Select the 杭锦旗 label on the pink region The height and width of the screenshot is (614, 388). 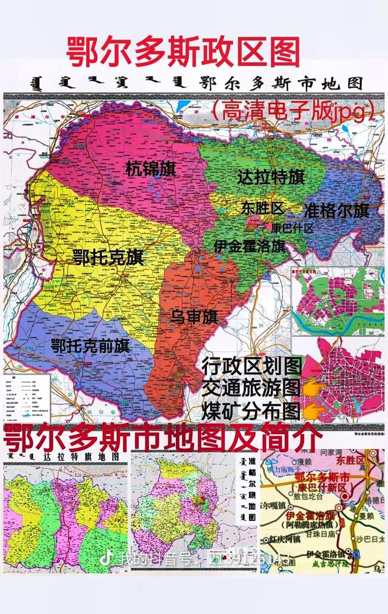[150, 169]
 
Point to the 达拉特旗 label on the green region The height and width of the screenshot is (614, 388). [271, 177]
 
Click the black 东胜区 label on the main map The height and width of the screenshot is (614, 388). [262, 209]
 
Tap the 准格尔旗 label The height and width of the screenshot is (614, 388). [336, 211]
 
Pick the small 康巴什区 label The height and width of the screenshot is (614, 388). [292, 228]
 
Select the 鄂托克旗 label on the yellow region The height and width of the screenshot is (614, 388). [108, 257]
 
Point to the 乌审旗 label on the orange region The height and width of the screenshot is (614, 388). [194, 318]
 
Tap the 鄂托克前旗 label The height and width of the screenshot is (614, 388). [90, 346]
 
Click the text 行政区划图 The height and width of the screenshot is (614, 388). [252, 365]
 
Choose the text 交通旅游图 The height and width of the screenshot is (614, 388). [251, 388]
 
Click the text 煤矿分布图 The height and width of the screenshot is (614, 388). [251, 411]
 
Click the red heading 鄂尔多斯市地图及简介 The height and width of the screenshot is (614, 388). [162, 438]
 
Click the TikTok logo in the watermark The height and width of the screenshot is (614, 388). [104, 558]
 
